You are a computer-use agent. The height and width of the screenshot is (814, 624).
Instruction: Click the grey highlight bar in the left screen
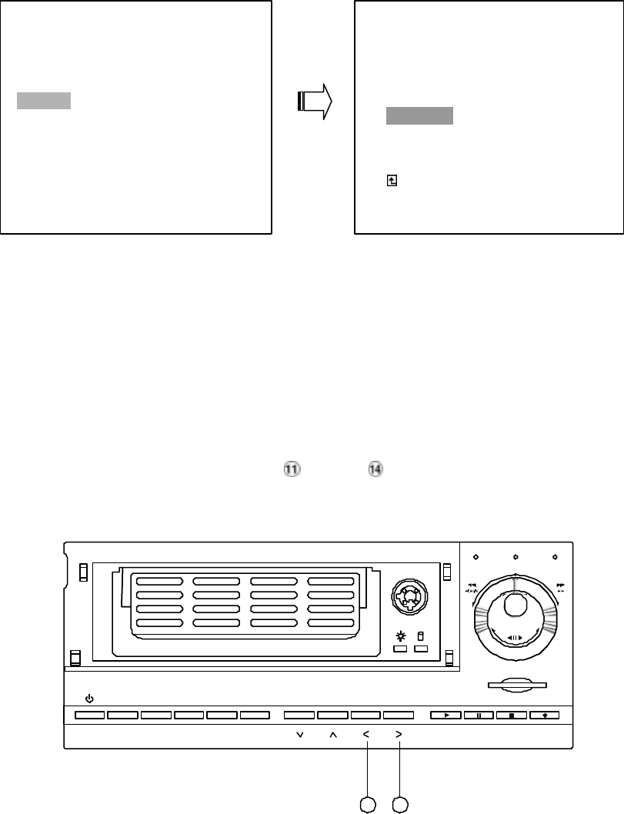click(x=44, y=101)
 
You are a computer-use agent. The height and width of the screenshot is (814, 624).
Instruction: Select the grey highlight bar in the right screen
click(x=419, y=116)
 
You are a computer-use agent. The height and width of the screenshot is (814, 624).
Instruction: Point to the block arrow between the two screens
click(x=314, y=101)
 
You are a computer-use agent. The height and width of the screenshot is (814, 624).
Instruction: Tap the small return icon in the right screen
click(x=392, y=180)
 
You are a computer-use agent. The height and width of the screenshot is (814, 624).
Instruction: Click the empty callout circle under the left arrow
click(x=369, y=804)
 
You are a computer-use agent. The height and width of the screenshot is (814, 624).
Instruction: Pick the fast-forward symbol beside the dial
click(x=561, y=586)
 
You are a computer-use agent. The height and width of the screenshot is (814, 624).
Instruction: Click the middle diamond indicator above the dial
click(x=515, y=556)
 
